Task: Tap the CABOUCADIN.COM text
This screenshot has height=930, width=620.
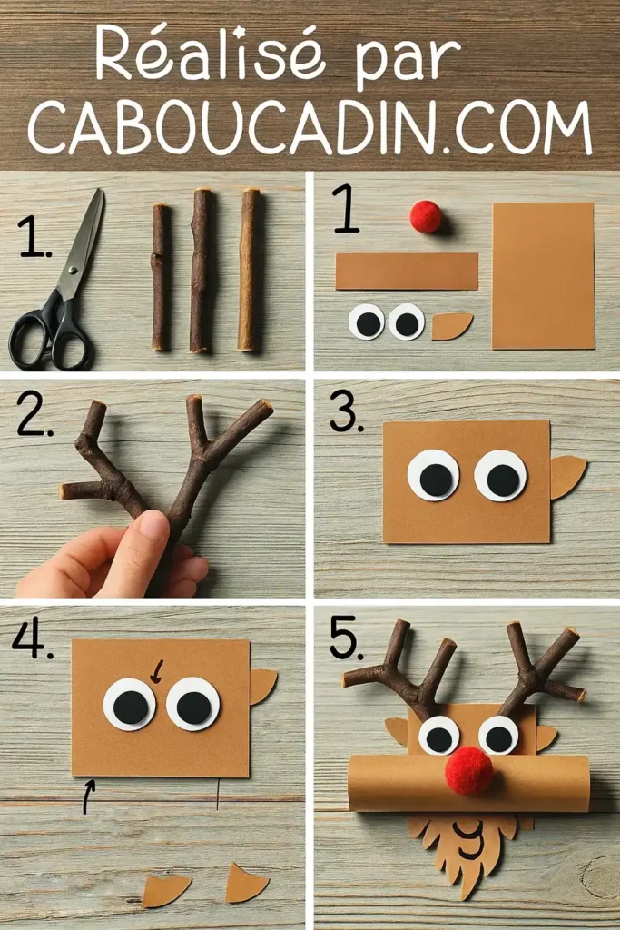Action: click(x=310, y=127)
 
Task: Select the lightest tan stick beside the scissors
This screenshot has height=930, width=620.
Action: click(x=248, y=270)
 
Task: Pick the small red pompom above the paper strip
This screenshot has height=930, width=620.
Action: click(x=425, y=217)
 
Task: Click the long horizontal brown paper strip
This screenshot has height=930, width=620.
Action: click(x=406, y=272)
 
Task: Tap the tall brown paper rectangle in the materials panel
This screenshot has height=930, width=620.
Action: click(x=542, y=275)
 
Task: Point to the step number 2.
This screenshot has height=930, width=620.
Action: click(x=34, y=418)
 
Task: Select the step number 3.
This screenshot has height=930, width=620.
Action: click(x=346, y=413)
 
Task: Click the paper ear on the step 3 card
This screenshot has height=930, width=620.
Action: click(x=566, y=476)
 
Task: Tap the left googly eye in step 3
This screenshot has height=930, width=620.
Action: click(x=433, y=476)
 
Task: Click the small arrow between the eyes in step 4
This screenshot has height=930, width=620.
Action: click(x=156, y=671)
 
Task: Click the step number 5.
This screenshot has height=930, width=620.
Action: click(x=346, y=640)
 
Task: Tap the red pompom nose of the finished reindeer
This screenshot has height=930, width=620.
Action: click(x=469, y=771)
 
